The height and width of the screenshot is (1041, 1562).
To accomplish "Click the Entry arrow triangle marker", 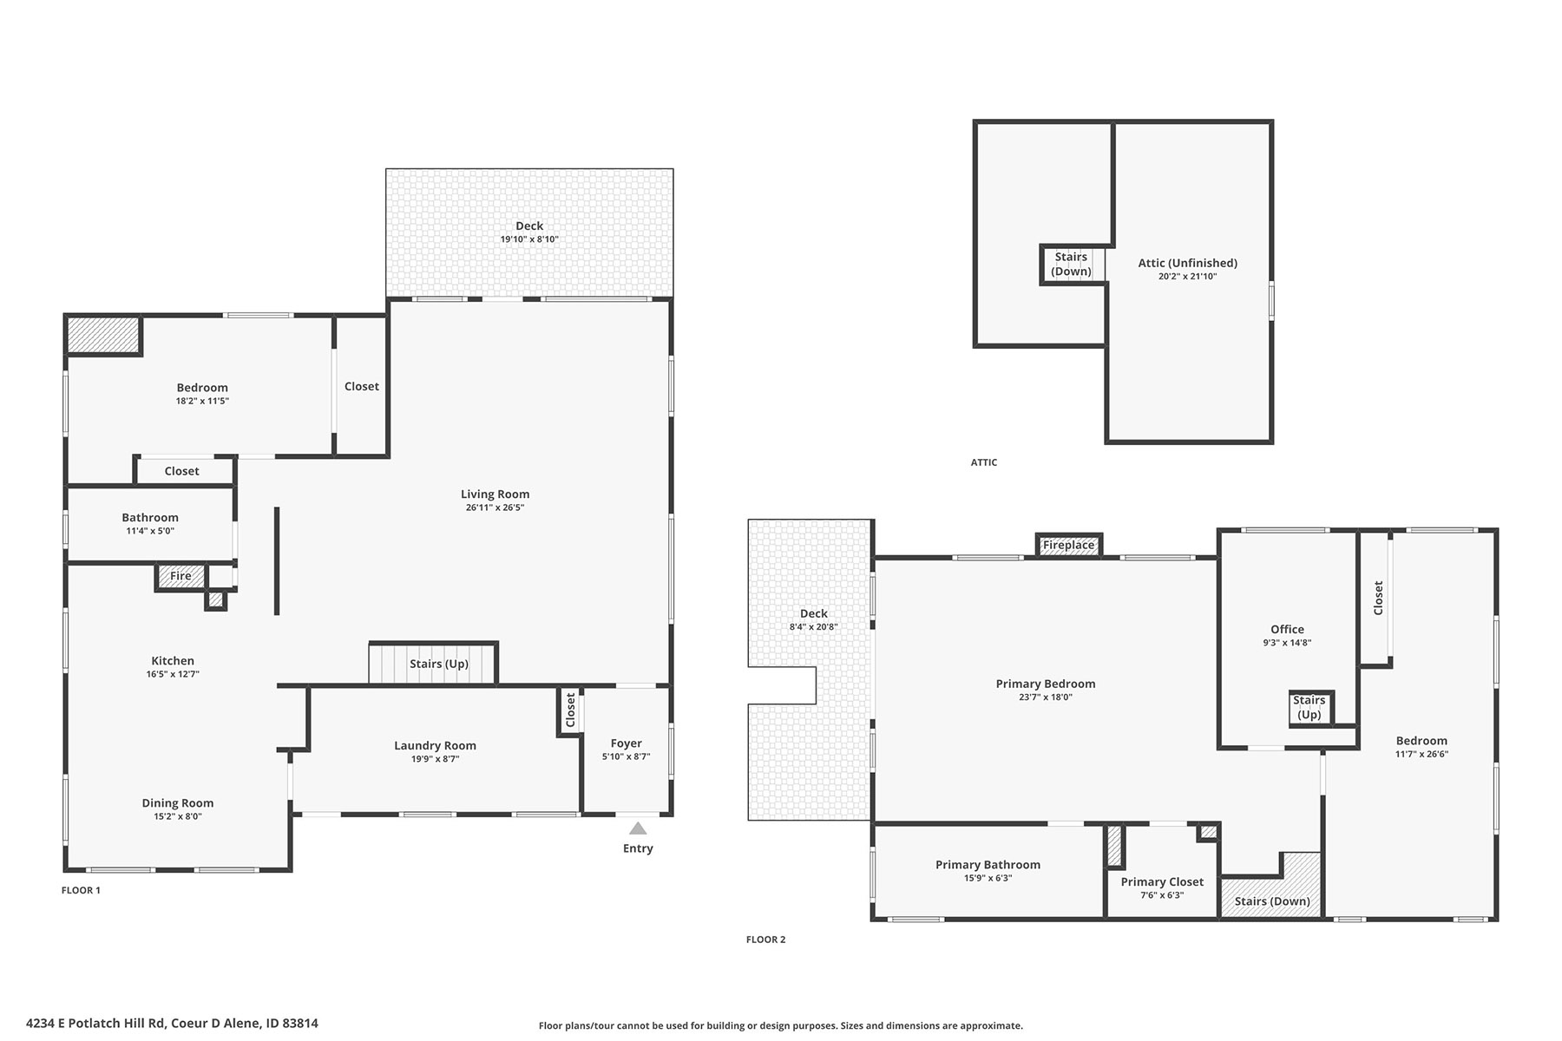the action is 638,828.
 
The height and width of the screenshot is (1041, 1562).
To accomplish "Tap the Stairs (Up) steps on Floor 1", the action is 433,664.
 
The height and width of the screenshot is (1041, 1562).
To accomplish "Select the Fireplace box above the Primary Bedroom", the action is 1069,545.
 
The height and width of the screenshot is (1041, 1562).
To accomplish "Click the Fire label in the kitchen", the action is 180,576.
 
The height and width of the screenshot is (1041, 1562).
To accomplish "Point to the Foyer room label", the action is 627,743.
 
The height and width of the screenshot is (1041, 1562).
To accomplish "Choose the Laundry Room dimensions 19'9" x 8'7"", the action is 435,759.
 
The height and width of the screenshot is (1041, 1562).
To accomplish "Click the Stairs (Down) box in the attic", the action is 1073,265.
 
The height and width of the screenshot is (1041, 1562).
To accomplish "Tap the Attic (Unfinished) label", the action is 1188,263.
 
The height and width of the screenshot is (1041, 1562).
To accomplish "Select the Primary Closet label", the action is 1162,882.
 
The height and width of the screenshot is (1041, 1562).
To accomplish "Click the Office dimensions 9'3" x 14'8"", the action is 1288,643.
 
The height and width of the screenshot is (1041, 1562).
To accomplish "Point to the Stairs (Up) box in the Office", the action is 1310,708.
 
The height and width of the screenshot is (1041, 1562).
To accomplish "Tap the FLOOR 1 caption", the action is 81,890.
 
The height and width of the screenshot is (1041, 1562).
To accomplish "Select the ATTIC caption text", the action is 984,462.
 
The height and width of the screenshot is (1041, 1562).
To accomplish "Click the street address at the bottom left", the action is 172,1023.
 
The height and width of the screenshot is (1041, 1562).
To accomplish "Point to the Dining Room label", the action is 178,803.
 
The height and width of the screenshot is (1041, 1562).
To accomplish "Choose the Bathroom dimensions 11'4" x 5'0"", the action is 150,531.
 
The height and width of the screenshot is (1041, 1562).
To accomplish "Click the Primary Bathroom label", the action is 988,865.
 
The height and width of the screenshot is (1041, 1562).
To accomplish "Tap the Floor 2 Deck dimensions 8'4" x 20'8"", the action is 814,626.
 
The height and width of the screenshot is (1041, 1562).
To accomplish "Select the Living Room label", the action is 495,494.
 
